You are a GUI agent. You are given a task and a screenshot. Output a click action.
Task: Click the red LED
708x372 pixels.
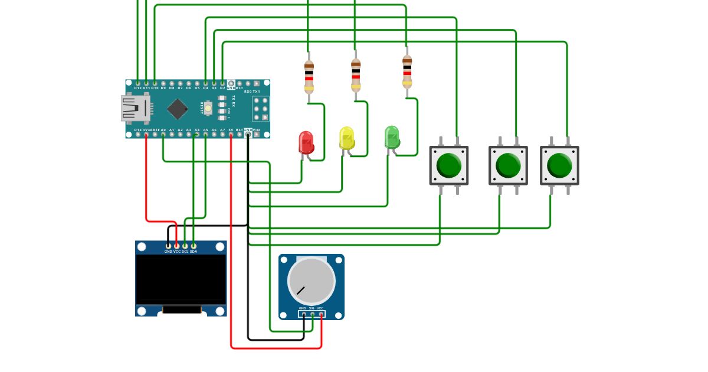pyautogui.click(x=306, y=142)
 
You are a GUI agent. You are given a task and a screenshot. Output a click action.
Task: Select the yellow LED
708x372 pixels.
pyautogui.click(x=346, y=138)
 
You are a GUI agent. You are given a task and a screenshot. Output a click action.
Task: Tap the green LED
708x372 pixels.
pyautogui.click(x=391, y=136)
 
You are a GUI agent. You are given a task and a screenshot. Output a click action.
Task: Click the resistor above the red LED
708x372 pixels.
pyautogui.click(x=309, y=77)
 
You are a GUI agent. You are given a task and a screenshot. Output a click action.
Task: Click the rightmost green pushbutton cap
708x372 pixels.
pyautogui.click(x=559, y=165)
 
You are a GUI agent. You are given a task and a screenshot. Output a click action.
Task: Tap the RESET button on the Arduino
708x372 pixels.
pyautogui.click(x=208, y=109)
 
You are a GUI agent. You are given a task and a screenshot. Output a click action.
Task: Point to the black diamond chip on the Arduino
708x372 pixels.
pyautogui.click(x=177, y=109)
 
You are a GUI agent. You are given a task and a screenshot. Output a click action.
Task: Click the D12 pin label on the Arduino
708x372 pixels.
pyautogui.click(x=137, y=88)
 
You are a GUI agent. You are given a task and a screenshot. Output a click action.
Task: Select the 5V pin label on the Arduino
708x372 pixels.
pyautogui.click(x=231, y=129)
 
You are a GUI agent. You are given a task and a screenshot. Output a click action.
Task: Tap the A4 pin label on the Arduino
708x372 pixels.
pyautogui.click(x=197, y=129)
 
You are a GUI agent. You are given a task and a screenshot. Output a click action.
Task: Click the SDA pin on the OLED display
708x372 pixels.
pyautogui.click(x=194, y=245)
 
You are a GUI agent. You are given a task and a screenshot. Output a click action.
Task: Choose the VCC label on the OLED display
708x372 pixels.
pyautogui.click(x=177, y=252)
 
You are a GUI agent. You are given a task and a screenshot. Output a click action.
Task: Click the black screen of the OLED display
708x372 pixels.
pyautogui.click(x=181, y=279)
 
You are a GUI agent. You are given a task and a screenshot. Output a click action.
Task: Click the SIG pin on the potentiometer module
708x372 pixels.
pyautogui.click(x=312, y=314)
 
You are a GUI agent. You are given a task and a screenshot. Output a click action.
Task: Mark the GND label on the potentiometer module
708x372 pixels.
pyautogui.click(x=303, y=308)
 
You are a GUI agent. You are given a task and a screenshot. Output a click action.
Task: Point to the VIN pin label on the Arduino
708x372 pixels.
pyautogui.click(x=256, y=129)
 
